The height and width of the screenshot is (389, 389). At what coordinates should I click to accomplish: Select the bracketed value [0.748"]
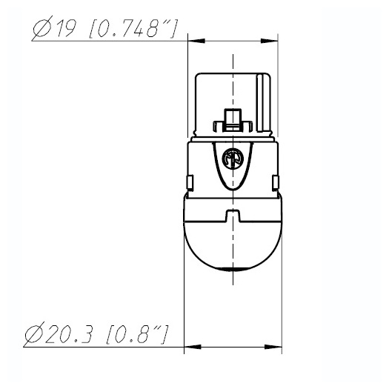coord(133,29)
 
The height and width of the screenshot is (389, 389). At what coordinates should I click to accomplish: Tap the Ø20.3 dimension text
coord(59,333)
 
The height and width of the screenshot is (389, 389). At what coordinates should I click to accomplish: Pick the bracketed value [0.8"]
coord(137,335)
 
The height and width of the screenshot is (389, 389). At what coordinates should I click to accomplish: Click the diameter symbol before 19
coord(43,27)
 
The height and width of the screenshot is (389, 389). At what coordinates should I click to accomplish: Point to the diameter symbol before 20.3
coord(35,333)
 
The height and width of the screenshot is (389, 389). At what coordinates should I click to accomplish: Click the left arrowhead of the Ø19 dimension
coord(196,41)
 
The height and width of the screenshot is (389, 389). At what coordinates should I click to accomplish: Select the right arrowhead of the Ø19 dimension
coord(269,41)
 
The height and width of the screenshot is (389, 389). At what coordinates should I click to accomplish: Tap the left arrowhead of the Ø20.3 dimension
coord(193,347)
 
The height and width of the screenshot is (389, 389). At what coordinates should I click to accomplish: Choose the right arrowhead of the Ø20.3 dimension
coord(273,347)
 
